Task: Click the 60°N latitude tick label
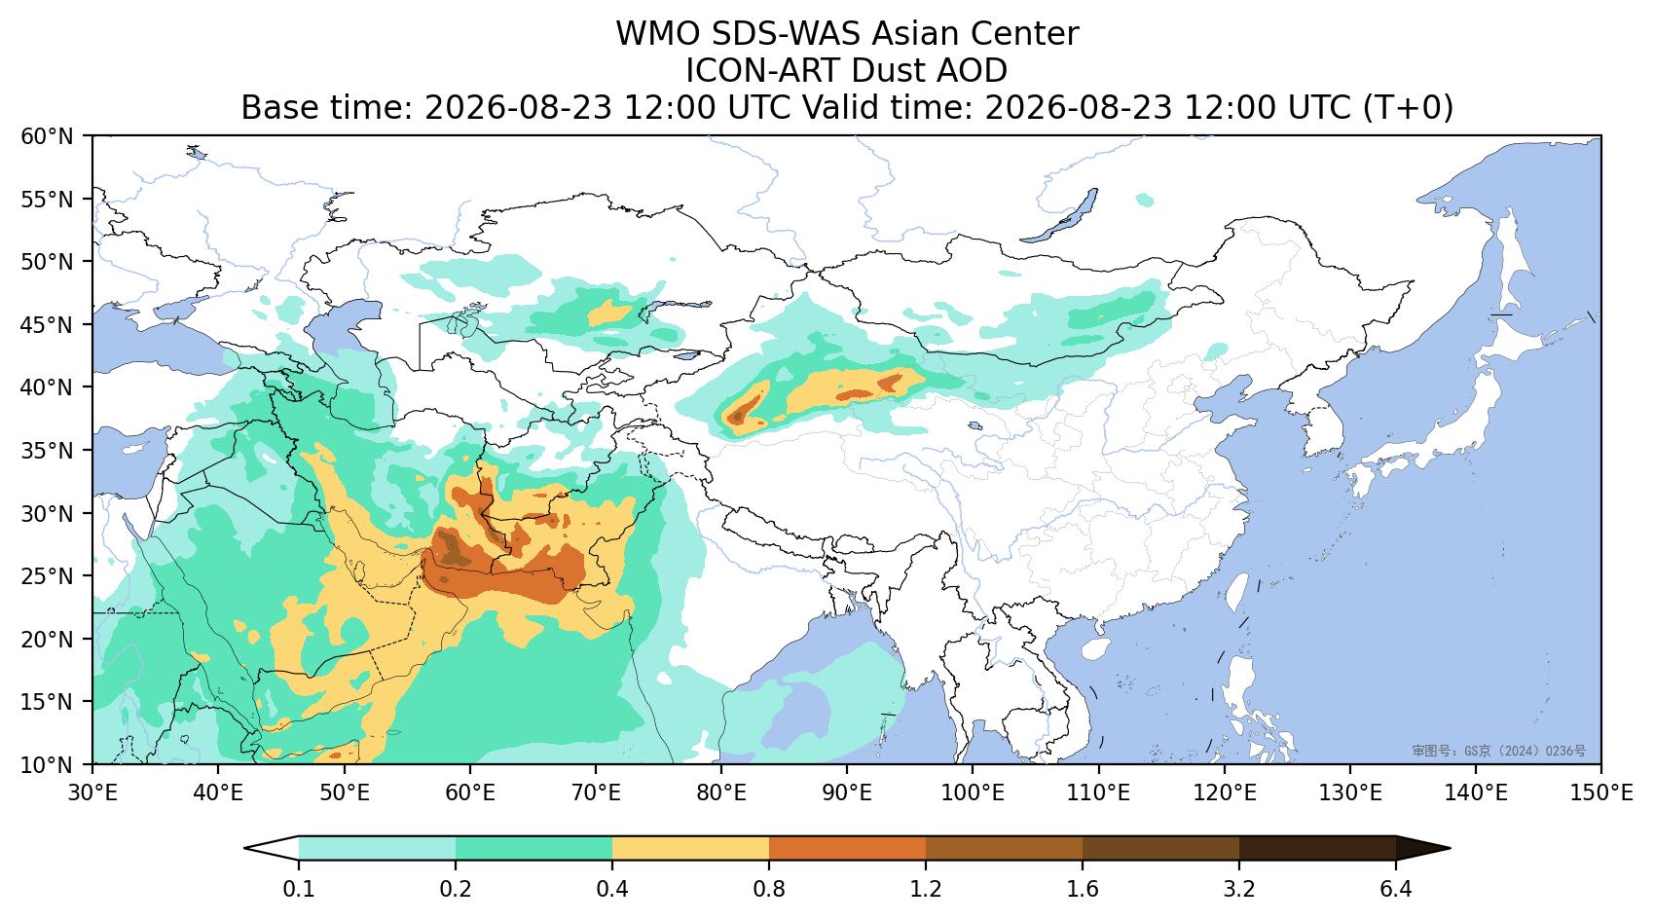[48, 136]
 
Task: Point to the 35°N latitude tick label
[48, 450]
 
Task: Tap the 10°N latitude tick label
[48, 763]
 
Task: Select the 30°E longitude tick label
[92, 792]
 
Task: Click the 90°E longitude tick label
[847, 792]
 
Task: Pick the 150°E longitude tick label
[1600, 792]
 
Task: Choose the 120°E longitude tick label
[1225, 792]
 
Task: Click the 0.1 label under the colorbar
[299, 889]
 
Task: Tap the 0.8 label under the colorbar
[769, 889]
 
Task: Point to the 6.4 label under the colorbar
[1396, 889]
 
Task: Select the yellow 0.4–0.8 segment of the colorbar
[690, 848]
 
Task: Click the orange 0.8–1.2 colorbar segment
[848, 848]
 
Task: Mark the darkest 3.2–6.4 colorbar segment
[1317, 848]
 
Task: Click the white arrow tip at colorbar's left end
[246, 848]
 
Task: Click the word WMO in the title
[658, 34]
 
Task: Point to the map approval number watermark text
[1499, 751]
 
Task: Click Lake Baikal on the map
[1060, 216]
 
